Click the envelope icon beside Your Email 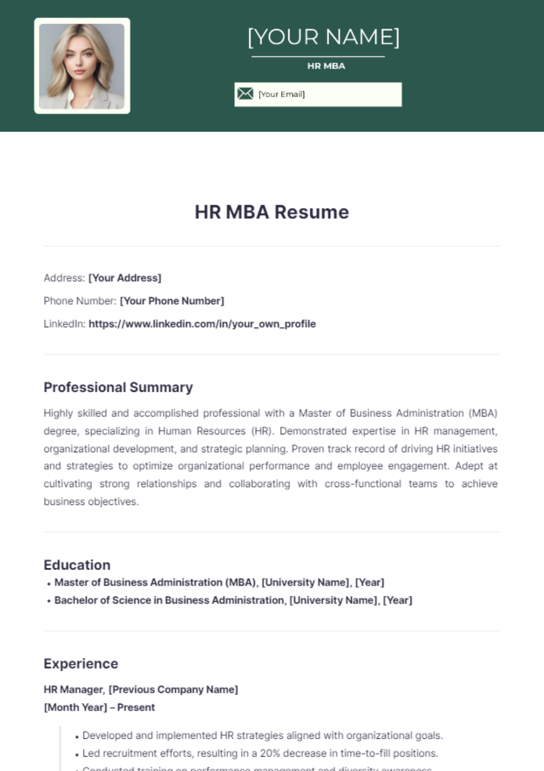click(245, 94)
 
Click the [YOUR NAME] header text click(324, 37)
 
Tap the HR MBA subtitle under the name click(326, 66)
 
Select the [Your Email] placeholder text click(282, 94)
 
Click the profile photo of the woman click(82, 66)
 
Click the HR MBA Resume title click(272, 212)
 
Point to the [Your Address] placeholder click(125, 278)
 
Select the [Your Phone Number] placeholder click(172, 301)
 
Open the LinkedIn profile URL click(202, 324)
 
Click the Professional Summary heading click(118, 387)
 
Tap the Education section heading click(77, 565)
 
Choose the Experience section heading click(81, 664)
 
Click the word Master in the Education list click(72, 582)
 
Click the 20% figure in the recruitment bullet click(270, 753)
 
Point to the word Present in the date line click(136, 708)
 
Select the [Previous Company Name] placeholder click(173, 690)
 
